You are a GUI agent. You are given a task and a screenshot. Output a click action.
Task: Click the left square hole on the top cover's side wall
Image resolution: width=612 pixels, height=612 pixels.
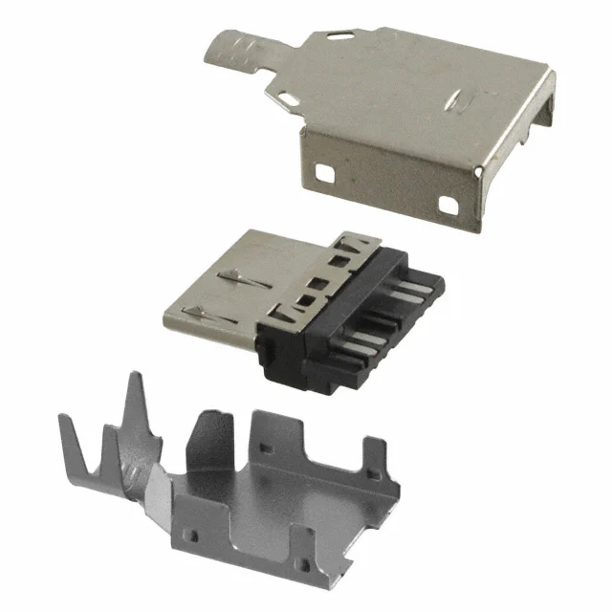tap(327, 174)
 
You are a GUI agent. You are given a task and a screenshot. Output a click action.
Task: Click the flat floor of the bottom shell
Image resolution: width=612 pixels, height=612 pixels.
tap(287, 497)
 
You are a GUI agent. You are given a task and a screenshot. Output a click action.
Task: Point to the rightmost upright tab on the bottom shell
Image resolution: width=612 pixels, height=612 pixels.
tap(377, 459)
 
